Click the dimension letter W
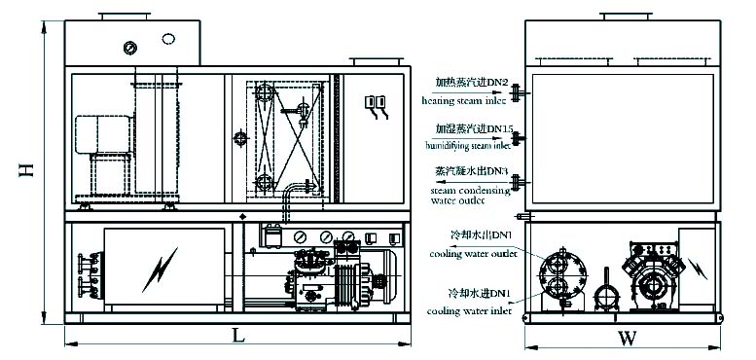(x=628, y=340)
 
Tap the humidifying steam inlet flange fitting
(x=520, y=137)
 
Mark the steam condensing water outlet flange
(x=520, y=181)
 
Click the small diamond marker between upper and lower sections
(x=240, y=215)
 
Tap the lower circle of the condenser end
(x=559, y=288)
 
